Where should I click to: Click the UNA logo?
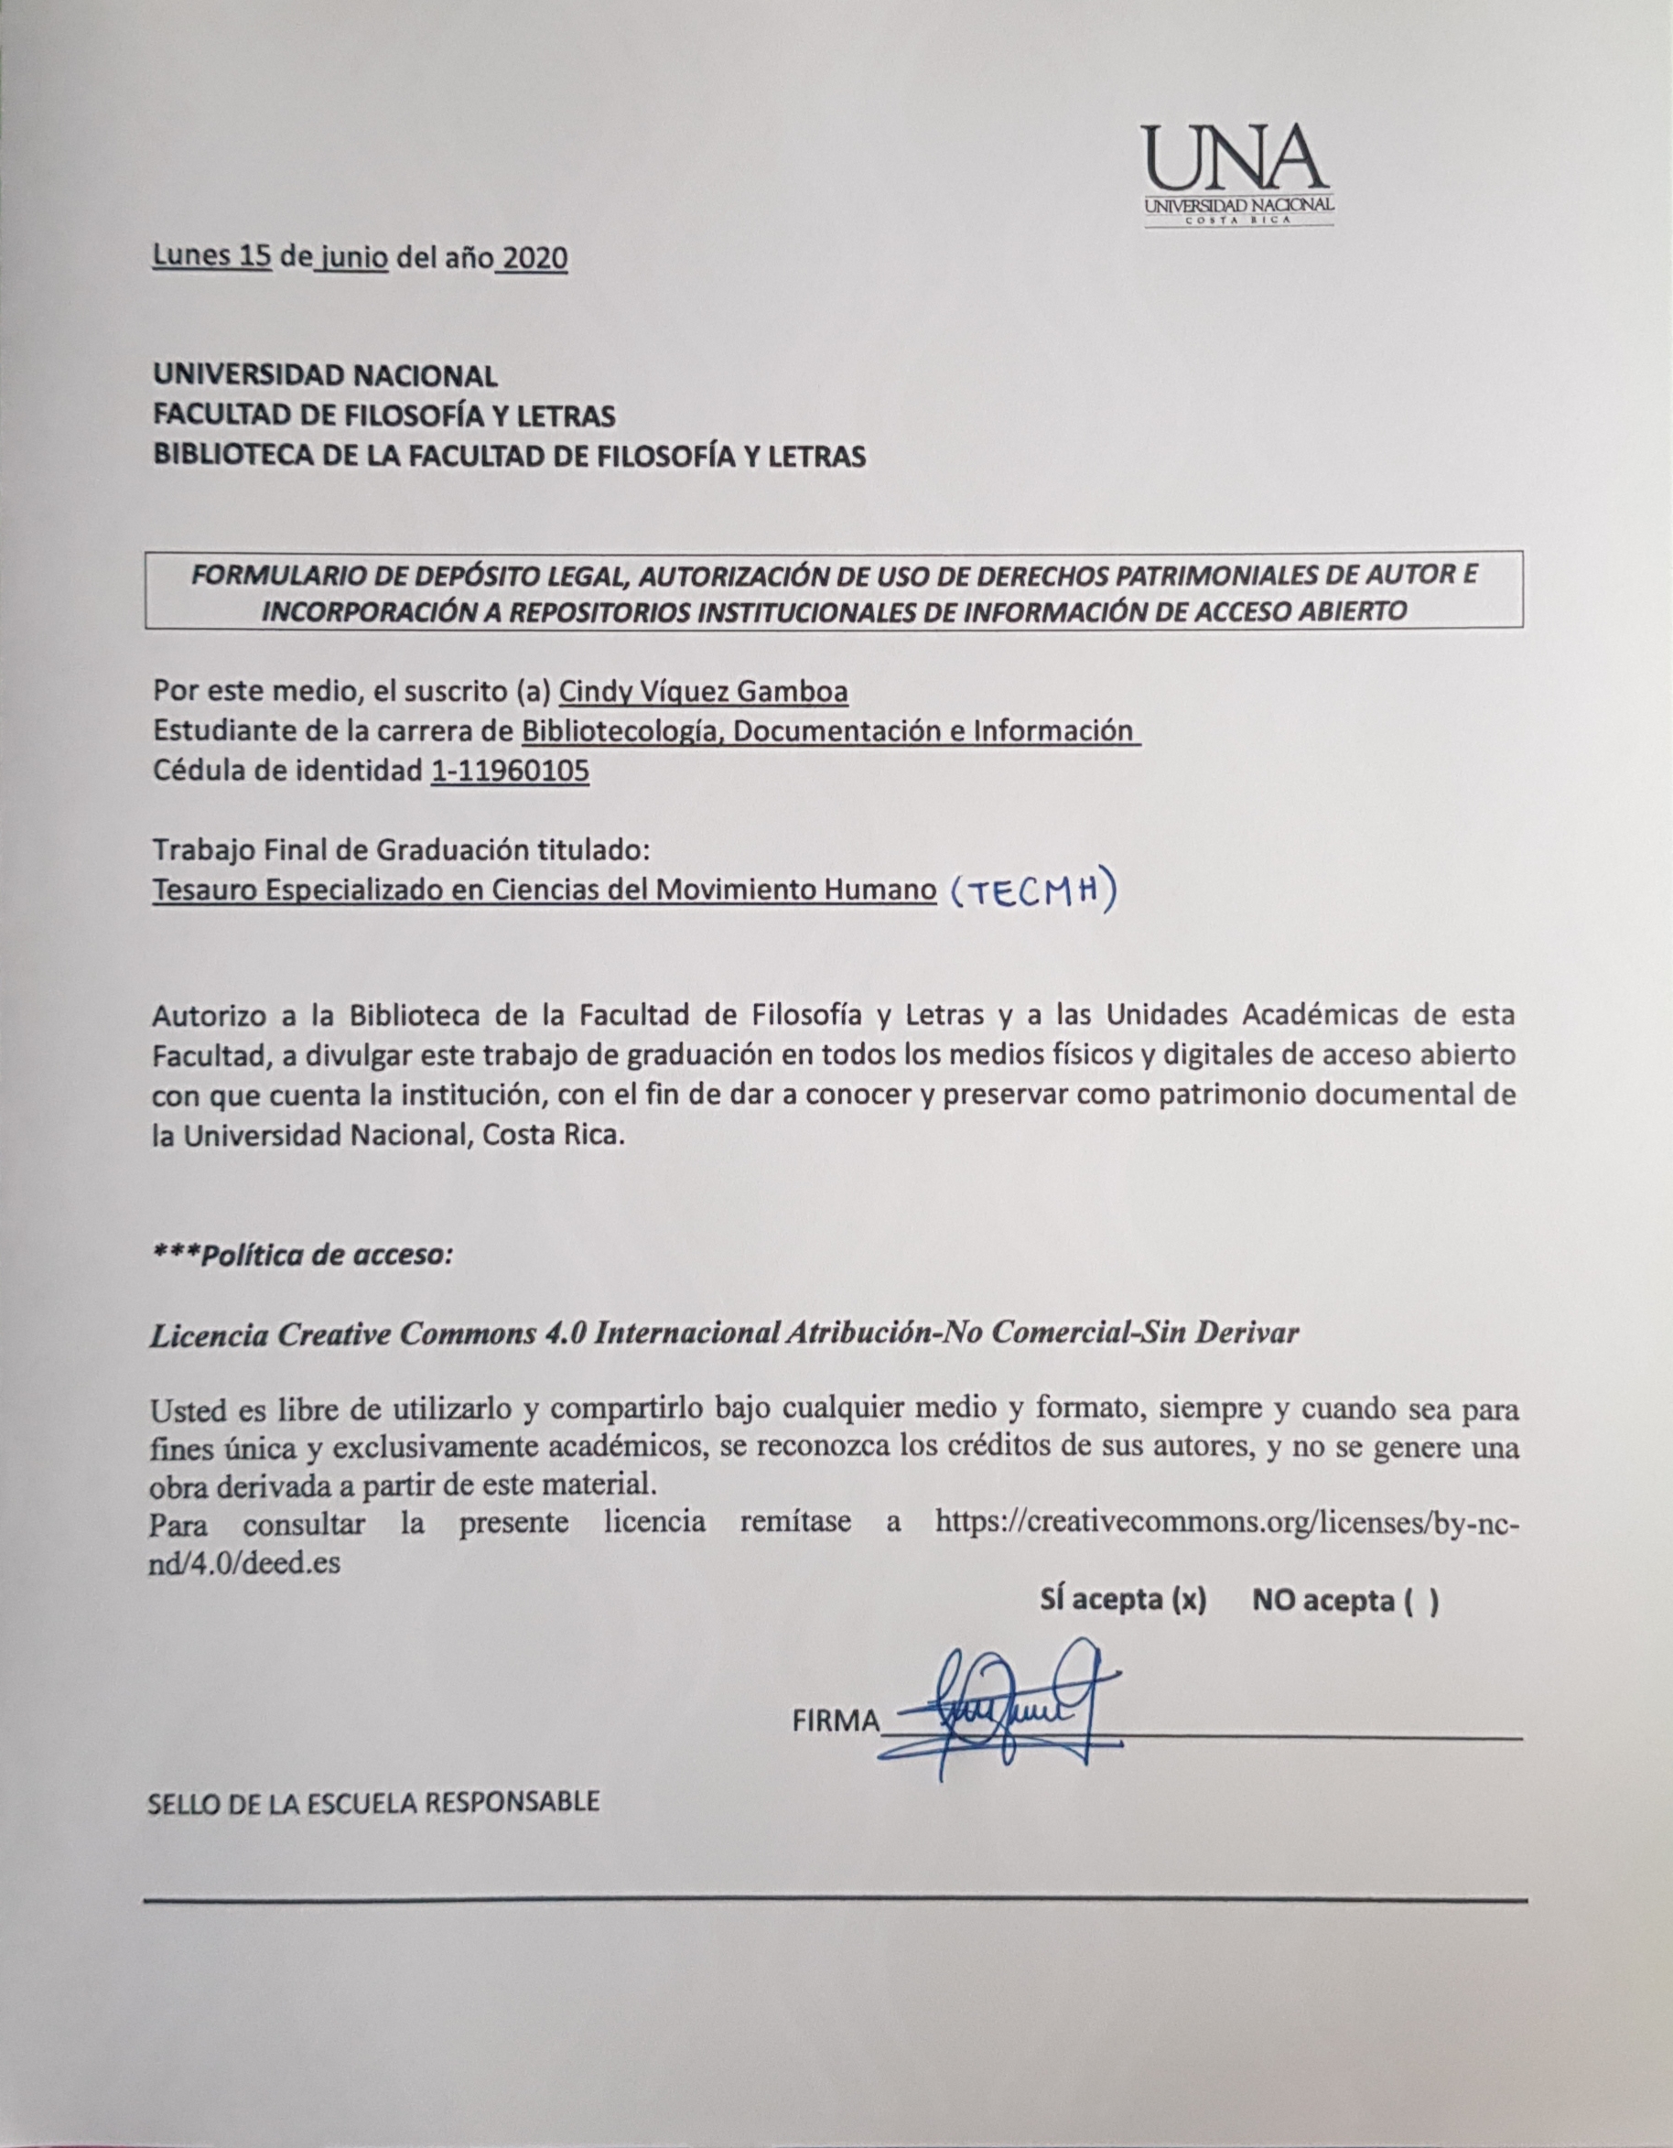pyautogui.click(x=1238, y=174)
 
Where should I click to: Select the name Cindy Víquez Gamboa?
pyautogui.click(x=703, y=693)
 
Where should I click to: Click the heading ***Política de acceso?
pyautogui.click(x=302, y=1256)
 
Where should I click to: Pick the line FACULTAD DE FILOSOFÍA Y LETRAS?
pyautogui.click(x=383, y=416)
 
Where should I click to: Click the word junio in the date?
pyautogui.click(x=352, y=259)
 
